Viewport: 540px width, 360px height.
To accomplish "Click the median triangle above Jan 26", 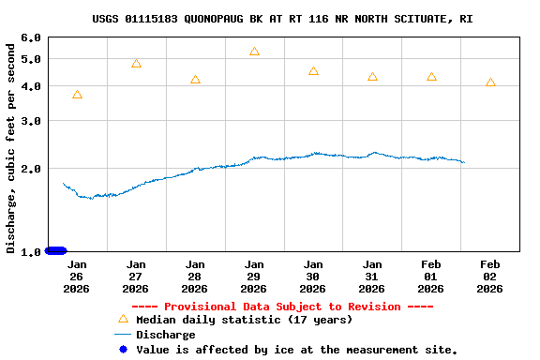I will coord(77,95).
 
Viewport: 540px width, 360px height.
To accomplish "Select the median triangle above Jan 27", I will coord(136,64).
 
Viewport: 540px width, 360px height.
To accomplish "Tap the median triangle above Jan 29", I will coord(254,52).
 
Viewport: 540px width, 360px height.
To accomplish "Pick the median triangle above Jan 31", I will coord(372,77).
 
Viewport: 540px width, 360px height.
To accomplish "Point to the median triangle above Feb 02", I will coord(490,82).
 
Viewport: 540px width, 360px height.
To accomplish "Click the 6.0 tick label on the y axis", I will coord(30,37).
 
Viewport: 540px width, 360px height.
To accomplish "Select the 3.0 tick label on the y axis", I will coord(30,121).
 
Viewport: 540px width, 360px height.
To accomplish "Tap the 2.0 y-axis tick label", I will coord(30,169).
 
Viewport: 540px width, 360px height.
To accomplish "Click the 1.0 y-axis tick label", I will coord(30,251).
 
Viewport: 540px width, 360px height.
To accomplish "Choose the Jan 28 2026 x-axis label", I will coord(195,277).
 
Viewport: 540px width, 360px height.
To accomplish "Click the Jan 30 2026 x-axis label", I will coord(313,277).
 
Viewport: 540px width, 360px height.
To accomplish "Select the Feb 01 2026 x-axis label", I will coord(431,277).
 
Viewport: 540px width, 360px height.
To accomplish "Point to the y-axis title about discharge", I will coord(11,145).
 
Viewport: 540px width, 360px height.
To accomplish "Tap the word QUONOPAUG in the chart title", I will coord(245,19).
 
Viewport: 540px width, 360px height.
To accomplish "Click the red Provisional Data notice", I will coord(282,307).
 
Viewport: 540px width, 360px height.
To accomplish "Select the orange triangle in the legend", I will coord(122,320).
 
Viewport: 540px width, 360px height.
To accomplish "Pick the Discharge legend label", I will coord(166,335).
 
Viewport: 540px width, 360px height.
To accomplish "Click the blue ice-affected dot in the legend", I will coord(122,350).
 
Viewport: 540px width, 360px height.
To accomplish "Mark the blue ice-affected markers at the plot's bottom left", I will coord(56,250).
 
